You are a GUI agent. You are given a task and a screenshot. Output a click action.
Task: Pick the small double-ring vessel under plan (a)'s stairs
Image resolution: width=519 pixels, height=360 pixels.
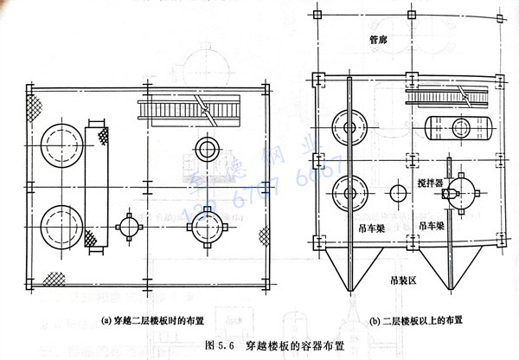tap(208, 148)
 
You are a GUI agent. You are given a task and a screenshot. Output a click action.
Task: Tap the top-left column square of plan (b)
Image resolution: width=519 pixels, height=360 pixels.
tap(318, 16)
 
